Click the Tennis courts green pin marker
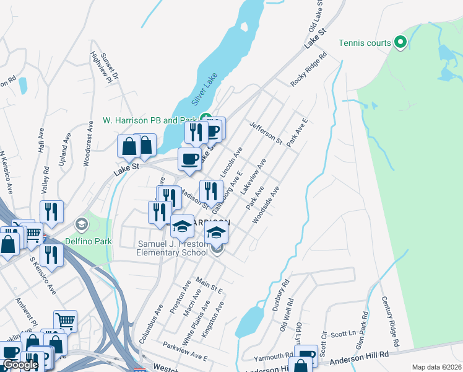[x=400, y=43]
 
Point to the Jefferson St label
[x=266, y=133]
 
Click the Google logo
[x=20, y=365]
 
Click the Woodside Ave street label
[x=266, y=205]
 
